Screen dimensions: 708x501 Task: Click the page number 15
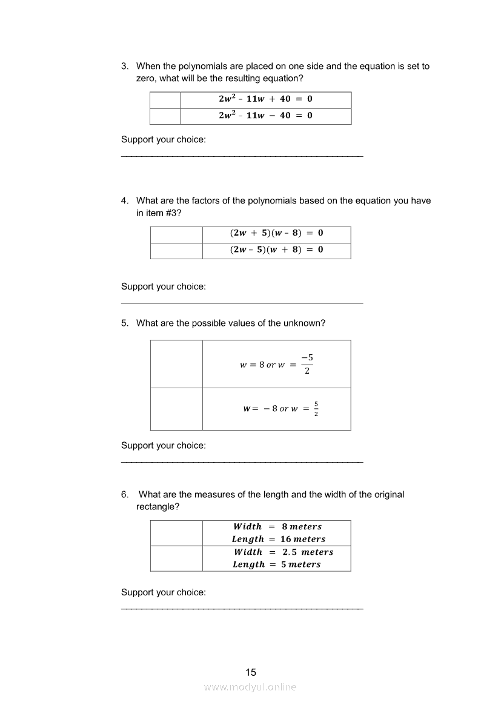pyautogui.click(x=251, y=672)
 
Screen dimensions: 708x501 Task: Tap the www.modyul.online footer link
pyautogui.click(x=250, y=687)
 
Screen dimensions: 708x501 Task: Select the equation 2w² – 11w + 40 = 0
pyautogui.click(x=265, y=99)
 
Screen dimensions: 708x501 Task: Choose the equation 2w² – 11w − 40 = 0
pyautogui.click(x=265, y=116)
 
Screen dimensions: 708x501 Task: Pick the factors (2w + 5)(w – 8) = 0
pyautogui.click(x=276, y=233)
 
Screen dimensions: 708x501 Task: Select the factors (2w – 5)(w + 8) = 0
pyautogui.click(x=276, y=250)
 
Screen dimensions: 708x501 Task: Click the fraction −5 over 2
pyautogui.click(x=307, y=364)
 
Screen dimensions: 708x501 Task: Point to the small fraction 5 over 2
pyautogui.click(x=316, y=409)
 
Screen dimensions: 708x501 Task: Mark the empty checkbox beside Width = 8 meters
pyautogui.click(x=176, y=533)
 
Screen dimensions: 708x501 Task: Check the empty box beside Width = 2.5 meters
pyautogui.click(x=176, y=558)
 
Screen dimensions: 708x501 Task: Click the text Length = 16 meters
pyautogui.click(x=279, y=539)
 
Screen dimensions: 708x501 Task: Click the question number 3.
pyautogui.click(x=125, y=66)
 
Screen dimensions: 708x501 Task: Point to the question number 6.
pyautogui.click(x=125, y=494)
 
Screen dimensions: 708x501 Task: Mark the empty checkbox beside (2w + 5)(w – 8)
pyautogui.click(x=176, y=234)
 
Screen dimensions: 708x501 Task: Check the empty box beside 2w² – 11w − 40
pyautogui.click(x=165, y=116)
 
